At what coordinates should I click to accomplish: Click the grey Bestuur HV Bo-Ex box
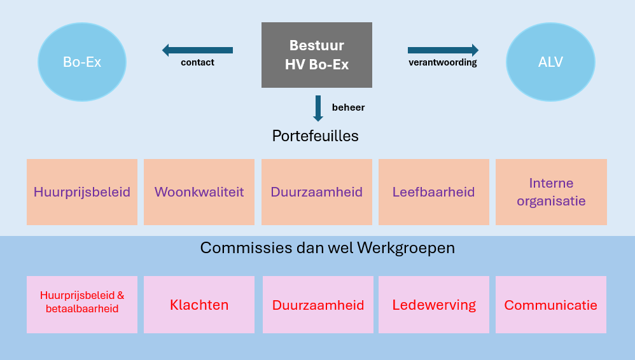(x=317, y=55)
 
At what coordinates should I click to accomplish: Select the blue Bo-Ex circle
(x=82, y=62)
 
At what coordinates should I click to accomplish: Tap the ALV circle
(x=551, y=62)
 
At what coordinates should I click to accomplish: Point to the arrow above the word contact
(x=198, y=50)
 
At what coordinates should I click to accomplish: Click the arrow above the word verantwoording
(x=443, y=50)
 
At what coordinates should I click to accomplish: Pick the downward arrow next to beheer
(x=318, y=109)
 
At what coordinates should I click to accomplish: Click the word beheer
(x=348, y=107)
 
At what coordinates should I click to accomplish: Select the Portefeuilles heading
(x=316, y=136)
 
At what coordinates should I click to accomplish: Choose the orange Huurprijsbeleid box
(x=82, y=192)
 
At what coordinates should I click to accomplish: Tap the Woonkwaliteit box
(x=199, y=192)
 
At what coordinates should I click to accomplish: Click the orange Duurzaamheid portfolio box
(x=317, y=192)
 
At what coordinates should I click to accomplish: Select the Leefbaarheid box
(x=434, y=192)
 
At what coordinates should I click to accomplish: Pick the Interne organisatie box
(x=551, y=192)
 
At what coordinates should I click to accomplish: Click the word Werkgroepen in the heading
(x=406, y=248)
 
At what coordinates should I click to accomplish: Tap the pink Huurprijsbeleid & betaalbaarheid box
(x=82, y=305)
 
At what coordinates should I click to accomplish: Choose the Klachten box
(x=199, y=305)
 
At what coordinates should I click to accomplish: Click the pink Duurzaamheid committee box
(x=318, y=305)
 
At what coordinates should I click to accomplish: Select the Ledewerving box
(x=434, y=305)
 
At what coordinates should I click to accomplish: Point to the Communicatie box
(x=551, y=305)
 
